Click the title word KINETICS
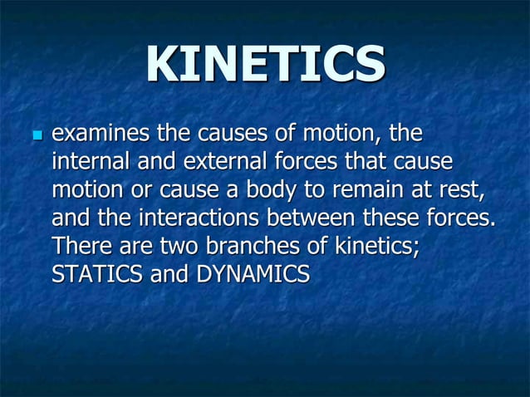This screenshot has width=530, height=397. pyautogui.click(x=266, y=65)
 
